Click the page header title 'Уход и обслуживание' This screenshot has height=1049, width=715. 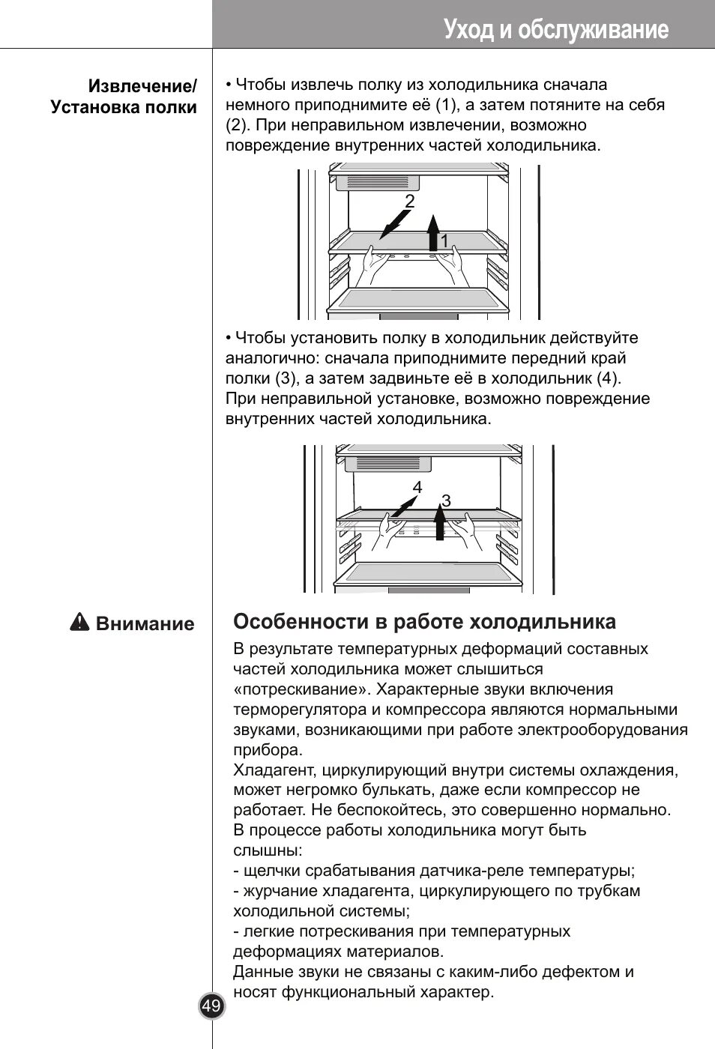555,29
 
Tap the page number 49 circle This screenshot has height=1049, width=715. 211,1006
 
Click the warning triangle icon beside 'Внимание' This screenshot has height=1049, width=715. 79,623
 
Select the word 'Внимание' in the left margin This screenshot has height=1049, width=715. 145,624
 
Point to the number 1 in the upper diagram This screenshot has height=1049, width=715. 444,241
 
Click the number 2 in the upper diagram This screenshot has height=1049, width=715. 409,201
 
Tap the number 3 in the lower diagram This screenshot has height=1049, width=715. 446,501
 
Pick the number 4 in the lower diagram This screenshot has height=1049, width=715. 417,488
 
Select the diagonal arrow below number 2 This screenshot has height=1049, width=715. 394,224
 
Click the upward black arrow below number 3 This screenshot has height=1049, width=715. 439,523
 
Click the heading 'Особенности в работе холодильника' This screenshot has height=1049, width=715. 424,622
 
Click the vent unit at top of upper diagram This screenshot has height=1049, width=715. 378,182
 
